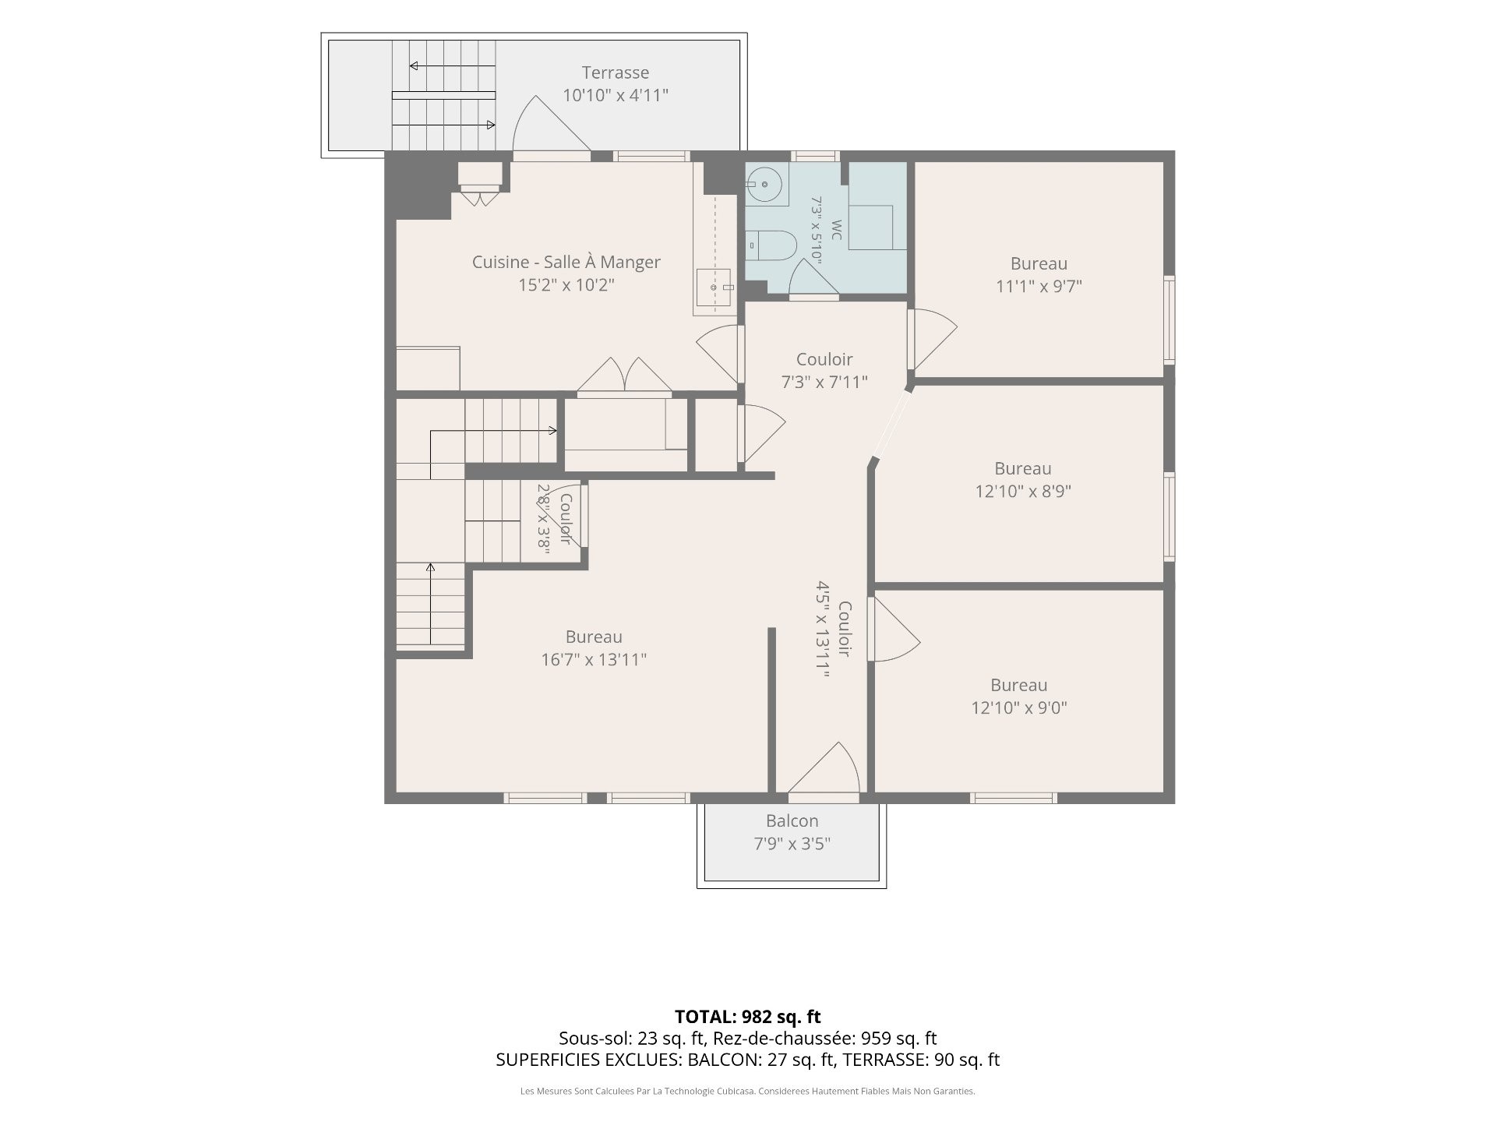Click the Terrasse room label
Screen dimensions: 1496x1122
click(x=616, y=72)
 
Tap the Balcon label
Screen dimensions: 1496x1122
click(x=792, y=820)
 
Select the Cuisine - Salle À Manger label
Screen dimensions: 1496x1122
click(x=566, y=262)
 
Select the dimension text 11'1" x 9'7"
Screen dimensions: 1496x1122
click(x=1039, y=286)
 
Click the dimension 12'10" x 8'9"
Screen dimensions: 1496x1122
click(x=1023, y=491)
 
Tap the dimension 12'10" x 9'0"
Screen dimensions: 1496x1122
click(x=1018, y=707)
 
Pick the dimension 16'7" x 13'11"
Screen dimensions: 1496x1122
click(x=594, y=659)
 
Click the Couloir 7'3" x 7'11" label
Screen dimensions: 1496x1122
click(x=824, y=370)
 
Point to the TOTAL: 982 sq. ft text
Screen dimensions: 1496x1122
click(x=748, y=1016)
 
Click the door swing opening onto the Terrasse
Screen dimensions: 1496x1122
click(x=551, y=125)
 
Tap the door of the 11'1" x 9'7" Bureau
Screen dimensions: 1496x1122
click(x=932, y=339)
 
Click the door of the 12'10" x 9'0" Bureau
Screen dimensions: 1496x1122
click(x=894, y=629)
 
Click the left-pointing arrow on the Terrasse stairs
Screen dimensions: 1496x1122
click(x=453, y=66)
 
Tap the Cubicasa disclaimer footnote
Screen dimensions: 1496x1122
click(x=748, y=1091)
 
